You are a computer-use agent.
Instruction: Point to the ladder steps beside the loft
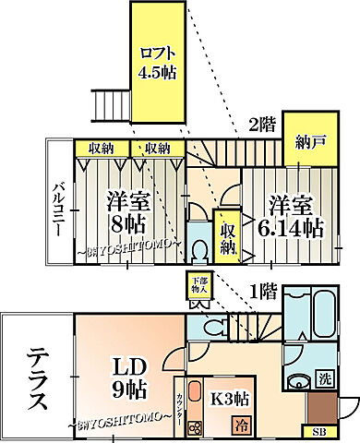pyautogui.click(x=111, y=105)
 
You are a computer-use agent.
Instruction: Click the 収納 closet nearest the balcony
pyautogui.click(x=102, y=148)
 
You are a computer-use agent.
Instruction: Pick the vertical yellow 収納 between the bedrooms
pyautogui.click(x=227, y=235)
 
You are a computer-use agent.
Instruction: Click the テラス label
pyautogui.click(x=35, y=376)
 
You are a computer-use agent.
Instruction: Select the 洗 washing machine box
pyautogui.click(x=324, y=377)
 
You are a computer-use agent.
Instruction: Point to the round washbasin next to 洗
pyautogui.click(x=297, y=385)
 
